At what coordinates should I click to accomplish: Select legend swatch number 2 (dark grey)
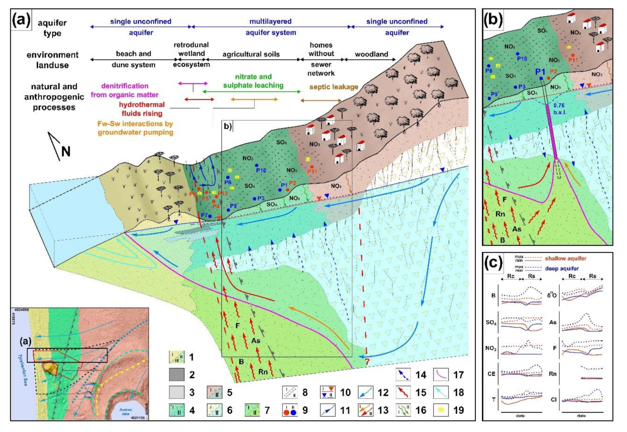pos(177,375)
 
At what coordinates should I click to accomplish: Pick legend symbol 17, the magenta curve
pos(441,375)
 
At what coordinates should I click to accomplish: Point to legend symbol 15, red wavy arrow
pos(403,392)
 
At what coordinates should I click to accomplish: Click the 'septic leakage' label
pos(334,87)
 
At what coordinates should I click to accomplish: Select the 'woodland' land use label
pos(371,54)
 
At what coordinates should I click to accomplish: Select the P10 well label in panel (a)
pos(261,170)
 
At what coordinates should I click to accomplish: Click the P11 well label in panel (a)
pos(312,171)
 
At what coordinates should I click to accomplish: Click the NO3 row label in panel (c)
pos(491,348)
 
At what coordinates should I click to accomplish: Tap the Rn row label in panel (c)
pos(553,374)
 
